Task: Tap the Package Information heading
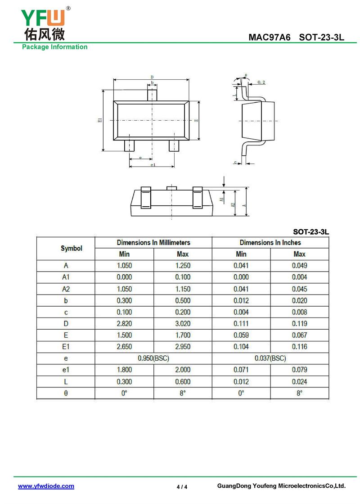pyautogui.click(x=55, y=47)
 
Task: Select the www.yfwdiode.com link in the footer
pyautogui.click(x=46, y=486)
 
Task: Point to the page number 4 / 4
pyautogui.click(x=182, y=486)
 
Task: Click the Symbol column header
pyautogui.click(x=72, y=248)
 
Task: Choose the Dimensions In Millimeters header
pyautogui.click(x=153, y=242)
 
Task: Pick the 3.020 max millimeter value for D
pyautogui.click(x=183, y=323)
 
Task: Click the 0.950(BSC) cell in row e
pyautogui.click(x=153, y=358)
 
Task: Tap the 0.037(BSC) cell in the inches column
pyautogui.click(x=270, y=358)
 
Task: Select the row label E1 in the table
pyautogui.click(x=66, y=347)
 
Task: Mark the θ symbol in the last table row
pyautogui.click(x=66, y=393)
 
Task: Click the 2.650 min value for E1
pyautogui.click(x=124, y=347)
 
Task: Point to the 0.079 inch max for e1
pyautogui.click(x=299, y=370)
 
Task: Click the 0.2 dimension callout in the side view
pyautogui.click(x=261, y=82)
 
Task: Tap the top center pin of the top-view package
pyautogui.click(x=153, y=95)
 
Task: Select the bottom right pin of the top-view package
pyautogui.click(x=174, y=146)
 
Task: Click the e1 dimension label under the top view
pyautogui.click(x=152, y=165)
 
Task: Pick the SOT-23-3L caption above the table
pyautogui.click(x=311, y=232)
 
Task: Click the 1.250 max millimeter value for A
pyautogui.click(x=183, y=266)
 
